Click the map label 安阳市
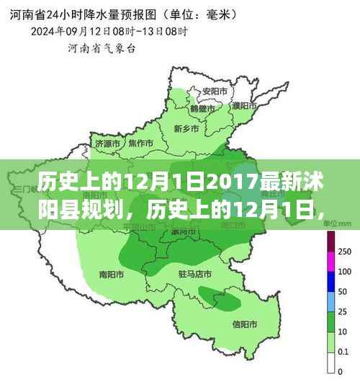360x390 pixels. (x=211, y=92)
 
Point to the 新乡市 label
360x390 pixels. (x=186, y=128)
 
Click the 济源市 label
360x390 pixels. (x=107, y=144)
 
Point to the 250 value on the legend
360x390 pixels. (x=345, y=252)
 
